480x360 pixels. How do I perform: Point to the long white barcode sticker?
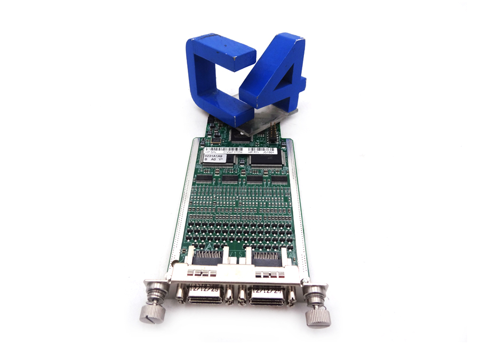click(245, 150)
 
